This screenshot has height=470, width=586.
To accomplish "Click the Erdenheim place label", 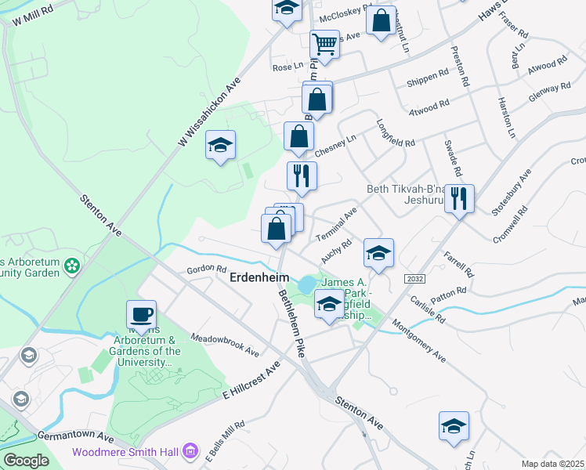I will [259, 278].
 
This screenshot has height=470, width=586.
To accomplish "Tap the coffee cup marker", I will [141, 315].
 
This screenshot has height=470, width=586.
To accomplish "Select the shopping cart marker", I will [324, 45].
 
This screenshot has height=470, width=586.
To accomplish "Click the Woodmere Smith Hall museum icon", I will [190, 451].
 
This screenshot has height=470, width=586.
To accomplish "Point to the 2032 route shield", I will [414, 279].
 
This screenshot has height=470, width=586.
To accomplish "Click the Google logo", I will [26, 460].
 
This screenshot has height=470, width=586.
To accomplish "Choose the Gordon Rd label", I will [206, 269].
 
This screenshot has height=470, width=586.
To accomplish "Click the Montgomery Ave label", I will [418, 341].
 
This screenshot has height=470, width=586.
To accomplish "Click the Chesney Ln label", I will [335, 146].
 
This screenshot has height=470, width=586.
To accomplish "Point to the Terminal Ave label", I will [336, 224].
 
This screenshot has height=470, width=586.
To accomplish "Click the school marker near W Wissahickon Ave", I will [221, 145].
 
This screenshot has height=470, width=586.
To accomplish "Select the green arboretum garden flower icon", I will [72, 266].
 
